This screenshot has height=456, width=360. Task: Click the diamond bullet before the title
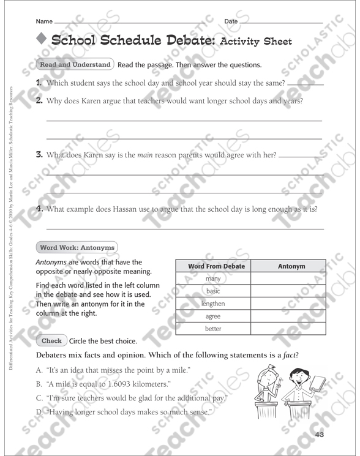tap(41, 40)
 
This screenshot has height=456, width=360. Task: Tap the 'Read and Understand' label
tap(75, 64)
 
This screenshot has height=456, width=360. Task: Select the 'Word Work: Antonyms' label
tap(77, 247)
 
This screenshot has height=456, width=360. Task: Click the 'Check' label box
tap(51, 341)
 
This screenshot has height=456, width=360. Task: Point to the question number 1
tap(39, 83)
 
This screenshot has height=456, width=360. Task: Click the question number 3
tap(39, 155)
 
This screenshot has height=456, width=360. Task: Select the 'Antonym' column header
tap(291, 266)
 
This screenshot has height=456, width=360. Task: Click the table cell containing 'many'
tap(213, 278)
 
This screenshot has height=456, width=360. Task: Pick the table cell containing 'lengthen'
tap(213, 304)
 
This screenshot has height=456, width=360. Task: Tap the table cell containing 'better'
tap(213, 329)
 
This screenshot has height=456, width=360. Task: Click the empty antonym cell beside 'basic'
tap(291, 291)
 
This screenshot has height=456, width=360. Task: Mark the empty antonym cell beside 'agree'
tap(291, 316)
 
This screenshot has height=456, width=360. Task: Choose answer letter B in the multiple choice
tap(40, 384)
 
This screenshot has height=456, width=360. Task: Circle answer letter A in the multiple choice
tap(40, 370)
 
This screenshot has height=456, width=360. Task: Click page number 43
tap(319, 435)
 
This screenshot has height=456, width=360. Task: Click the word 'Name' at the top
tap(45, 21)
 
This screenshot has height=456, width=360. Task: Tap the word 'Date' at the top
tap(231, 21)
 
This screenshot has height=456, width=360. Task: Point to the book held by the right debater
tap(319, 383)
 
